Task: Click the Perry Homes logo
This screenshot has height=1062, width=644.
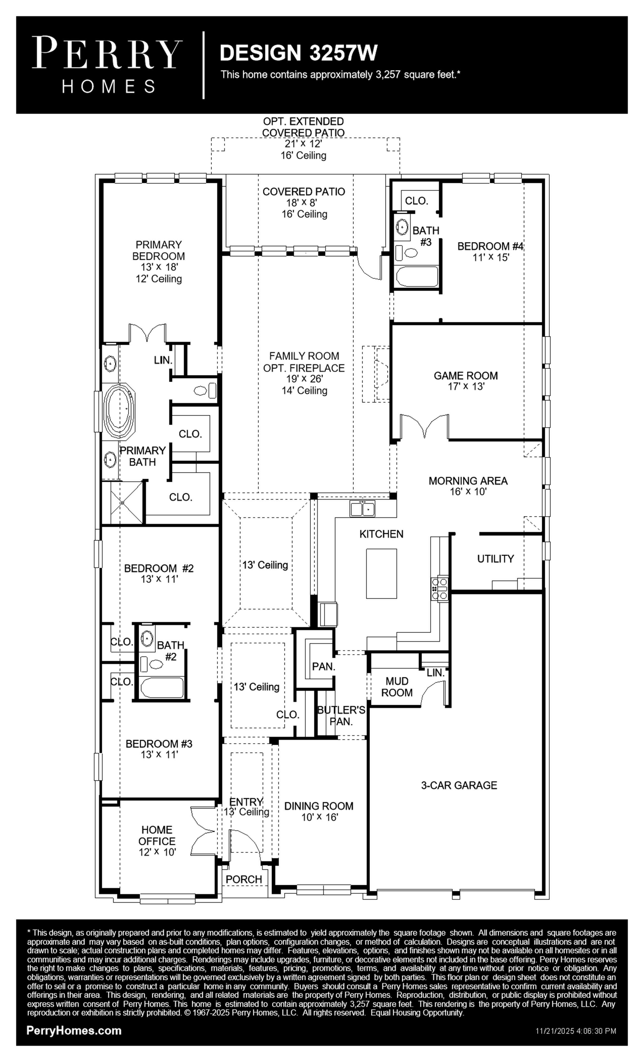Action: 107,65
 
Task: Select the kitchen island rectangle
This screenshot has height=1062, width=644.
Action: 381,573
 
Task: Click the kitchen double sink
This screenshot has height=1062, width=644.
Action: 362,508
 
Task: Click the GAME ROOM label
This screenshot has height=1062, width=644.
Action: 465,375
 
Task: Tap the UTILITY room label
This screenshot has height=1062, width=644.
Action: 496,559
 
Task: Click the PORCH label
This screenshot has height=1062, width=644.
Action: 244,879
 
